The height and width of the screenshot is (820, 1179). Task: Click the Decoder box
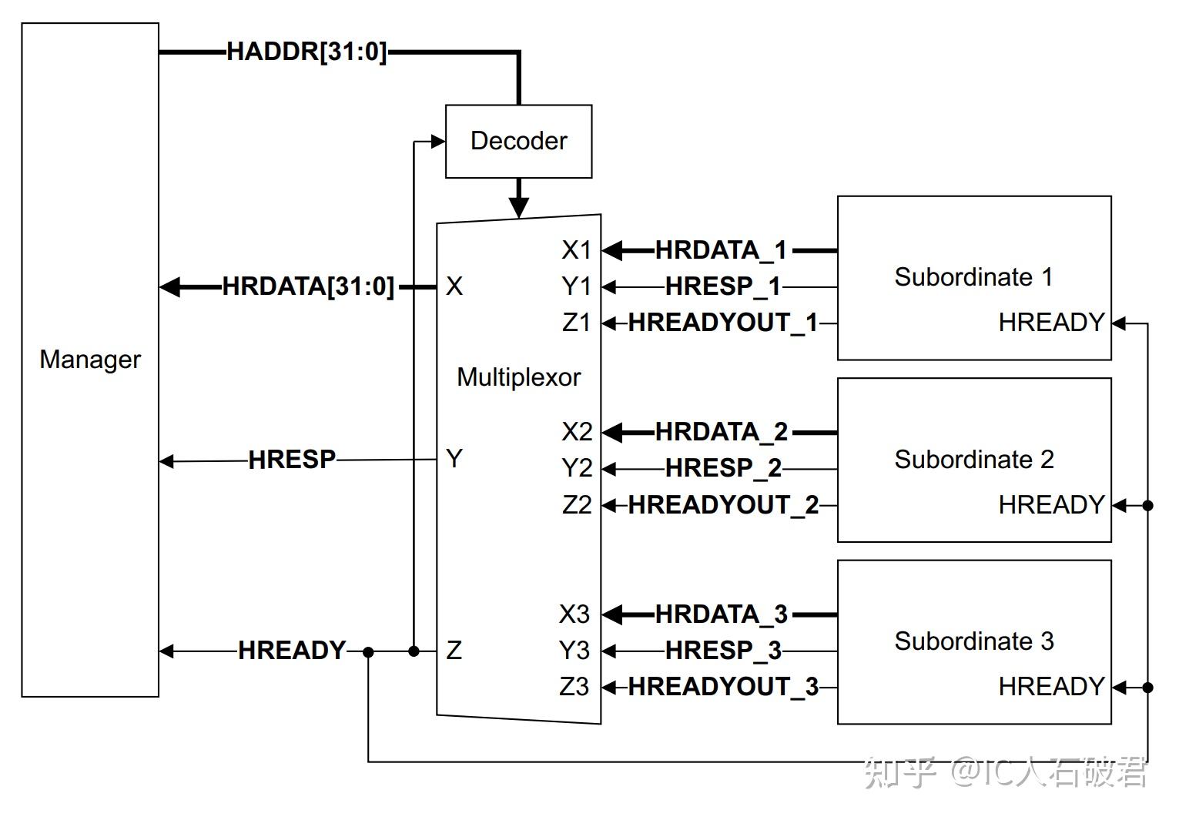[x=518, y=142]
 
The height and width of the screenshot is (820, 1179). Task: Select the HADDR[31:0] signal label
[x=306, y=52]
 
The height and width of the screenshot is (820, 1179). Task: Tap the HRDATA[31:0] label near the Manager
[x=308, y=286]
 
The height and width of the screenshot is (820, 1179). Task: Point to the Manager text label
[x=90, y=360]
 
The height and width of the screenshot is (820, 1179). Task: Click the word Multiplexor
[x=518, y=377]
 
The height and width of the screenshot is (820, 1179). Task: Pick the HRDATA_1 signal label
[x=721, y=250]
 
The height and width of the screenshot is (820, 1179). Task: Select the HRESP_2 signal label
[x=723, y=468]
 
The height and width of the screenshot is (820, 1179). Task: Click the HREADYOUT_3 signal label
[x=722, y=687]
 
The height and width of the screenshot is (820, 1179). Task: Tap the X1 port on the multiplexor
[x=576, y=250]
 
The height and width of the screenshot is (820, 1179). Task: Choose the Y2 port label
[x=576, y=468]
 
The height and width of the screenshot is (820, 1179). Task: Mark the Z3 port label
[x=574, y=687]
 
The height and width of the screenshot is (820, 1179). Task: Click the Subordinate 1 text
[x=973, y=277]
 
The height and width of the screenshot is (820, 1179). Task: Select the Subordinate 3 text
[x=973, y=641]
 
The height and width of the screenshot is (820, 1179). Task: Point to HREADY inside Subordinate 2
[x=1051, y=505]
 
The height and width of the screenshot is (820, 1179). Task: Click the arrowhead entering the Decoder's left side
[x=438, y=142]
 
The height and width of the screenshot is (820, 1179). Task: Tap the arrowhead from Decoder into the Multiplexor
[x=519, y=206]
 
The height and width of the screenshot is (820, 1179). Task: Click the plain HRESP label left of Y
[x=292, y=460]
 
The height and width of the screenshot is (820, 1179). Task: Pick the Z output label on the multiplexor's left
[x=454, y=651]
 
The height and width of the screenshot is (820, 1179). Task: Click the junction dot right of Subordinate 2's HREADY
[x=1147, y=506]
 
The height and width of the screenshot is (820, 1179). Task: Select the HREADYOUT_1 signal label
[x=722, y=323]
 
